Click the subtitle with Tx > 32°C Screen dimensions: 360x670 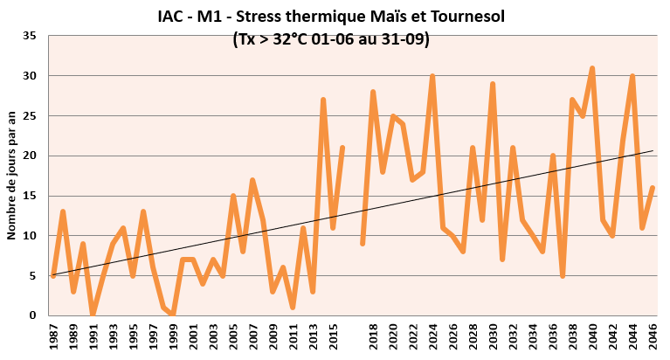point(331,39)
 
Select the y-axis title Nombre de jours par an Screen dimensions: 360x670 point(13,176)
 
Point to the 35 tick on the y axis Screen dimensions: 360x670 point(30,36)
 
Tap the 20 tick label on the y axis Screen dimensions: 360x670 point(30,156)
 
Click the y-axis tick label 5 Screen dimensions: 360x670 point(32,275)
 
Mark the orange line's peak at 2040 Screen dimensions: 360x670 point(592,68)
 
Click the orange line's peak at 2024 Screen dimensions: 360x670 point(432,76)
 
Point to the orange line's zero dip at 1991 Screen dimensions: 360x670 point(93,314)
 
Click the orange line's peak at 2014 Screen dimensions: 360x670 point(323,100)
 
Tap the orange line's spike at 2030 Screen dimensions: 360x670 point(493,84)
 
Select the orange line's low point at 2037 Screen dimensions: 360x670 point(563,275)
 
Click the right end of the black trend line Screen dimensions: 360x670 point(653,150)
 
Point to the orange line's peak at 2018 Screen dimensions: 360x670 point(373,92)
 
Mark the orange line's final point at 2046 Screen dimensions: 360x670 point(653,188)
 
